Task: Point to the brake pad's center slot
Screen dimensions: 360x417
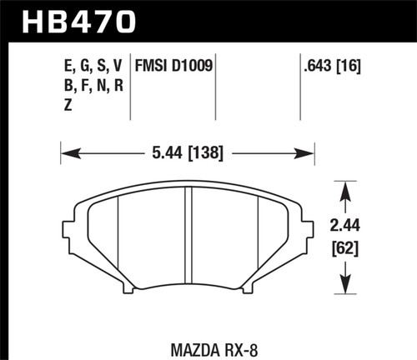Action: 188,237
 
